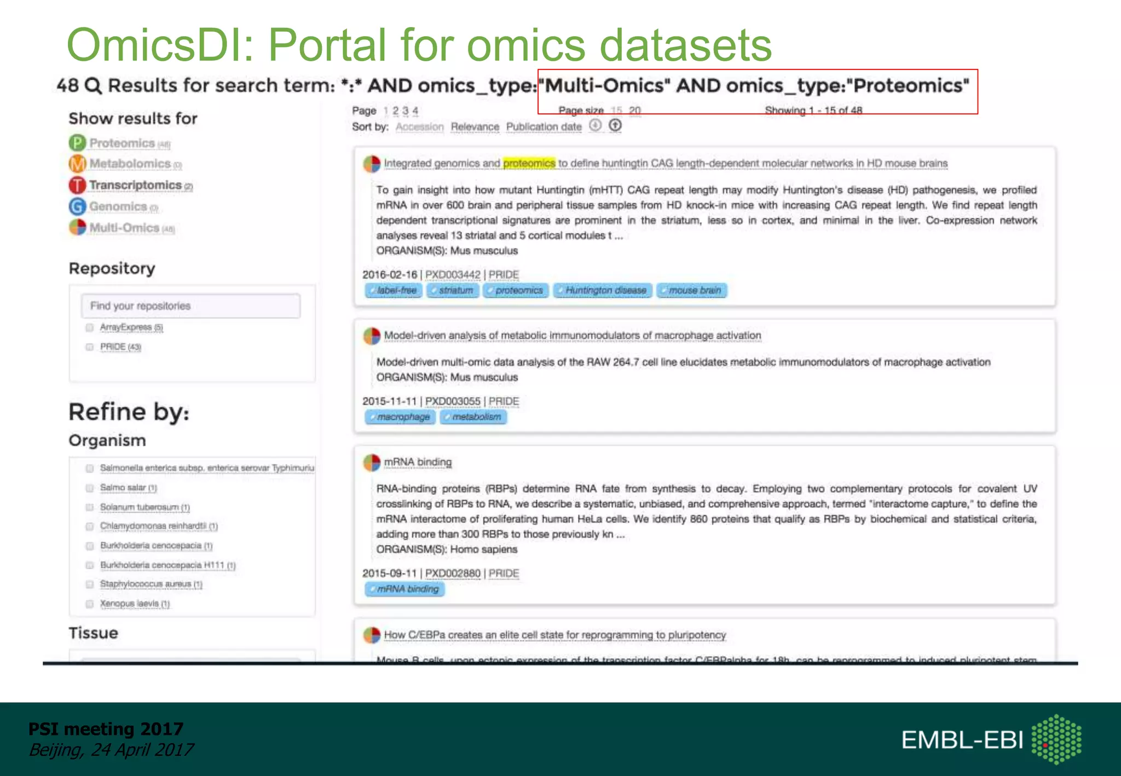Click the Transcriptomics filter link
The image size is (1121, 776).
point(135,186)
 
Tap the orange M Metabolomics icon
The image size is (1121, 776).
point(77,164)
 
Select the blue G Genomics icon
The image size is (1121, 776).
point(77,206)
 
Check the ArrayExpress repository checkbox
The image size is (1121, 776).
point(90,327)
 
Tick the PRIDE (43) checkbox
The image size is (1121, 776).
point(90,347)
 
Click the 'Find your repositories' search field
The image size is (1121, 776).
point(190,306)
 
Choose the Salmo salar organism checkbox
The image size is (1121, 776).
point(90,488)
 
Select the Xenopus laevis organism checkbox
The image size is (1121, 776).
point(90,604)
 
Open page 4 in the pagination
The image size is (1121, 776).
point(415,111)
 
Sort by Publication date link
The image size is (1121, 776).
point(544,127)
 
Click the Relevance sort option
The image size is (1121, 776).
point(475,127)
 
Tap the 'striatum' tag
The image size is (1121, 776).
point(454,290)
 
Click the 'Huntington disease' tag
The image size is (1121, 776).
point(603,290)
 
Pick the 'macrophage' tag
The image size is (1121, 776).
point(401,417)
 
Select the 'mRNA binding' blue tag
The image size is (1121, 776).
point(405,589)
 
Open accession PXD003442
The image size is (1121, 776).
point(453,275)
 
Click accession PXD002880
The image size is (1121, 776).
point(453,574)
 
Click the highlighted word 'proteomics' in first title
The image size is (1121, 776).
point(529,163)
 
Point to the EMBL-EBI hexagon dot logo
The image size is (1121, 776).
point(1056,739)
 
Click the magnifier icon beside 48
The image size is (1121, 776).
point(94,86)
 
